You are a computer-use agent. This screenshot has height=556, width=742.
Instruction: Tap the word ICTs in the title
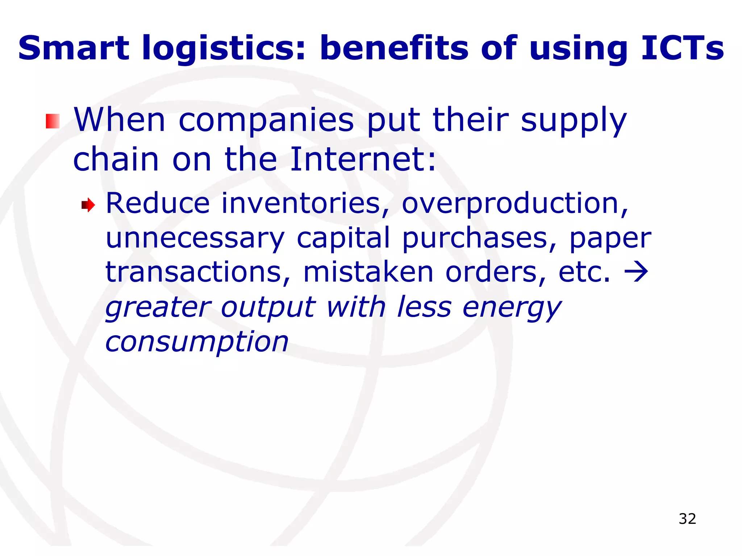[682, 48]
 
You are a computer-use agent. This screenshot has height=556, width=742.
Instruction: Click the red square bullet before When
[53, 121]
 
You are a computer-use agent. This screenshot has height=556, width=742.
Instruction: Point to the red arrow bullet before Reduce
[88, 206]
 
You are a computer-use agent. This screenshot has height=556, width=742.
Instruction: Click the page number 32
[687, 519]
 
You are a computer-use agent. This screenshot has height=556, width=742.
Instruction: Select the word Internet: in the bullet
[363, 159]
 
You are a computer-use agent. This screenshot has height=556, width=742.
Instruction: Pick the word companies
[266, 121]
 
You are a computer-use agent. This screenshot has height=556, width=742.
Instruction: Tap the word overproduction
[515, 203]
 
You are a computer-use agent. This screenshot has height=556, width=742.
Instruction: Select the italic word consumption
[197, 342]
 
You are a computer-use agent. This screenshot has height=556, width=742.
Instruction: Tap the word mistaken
[368, 272]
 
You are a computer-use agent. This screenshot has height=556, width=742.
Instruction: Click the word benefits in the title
[394, 48]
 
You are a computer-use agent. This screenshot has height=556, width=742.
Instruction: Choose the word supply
[574, 121]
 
